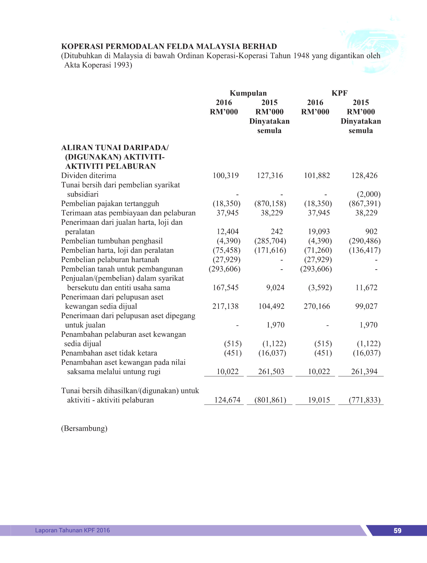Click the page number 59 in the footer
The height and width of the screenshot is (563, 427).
coord(397,530)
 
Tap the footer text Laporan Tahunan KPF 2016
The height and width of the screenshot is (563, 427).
coord(73,530)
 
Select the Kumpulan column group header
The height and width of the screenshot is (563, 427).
coord(248,93)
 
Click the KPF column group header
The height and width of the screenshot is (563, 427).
coord(339,93)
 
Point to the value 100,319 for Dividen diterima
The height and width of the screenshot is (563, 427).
coord(225,175)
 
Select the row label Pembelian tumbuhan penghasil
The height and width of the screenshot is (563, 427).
coord(112,241)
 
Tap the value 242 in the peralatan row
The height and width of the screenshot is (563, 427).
coord(277,231)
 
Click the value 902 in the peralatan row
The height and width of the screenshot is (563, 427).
coord(371,231)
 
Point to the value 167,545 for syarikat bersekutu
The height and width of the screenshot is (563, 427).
coord(225,288)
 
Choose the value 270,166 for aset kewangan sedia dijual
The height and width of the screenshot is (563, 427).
coord(317,306)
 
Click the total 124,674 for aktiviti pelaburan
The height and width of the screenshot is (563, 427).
coord(227,400)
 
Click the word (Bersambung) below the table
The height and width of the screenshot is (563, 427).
coord(84,428)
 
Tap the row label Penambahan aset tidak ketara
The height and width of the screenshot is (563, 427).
coord(109,353)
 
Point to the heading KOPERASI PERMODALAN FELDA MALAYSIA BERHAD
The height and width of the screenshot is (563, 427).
coord(169,47)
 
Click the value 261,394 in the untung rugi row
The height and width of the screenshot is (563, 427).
coord(364,372)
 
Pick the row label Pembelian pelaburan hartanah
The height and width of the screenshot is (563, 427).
coord(110,260)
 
